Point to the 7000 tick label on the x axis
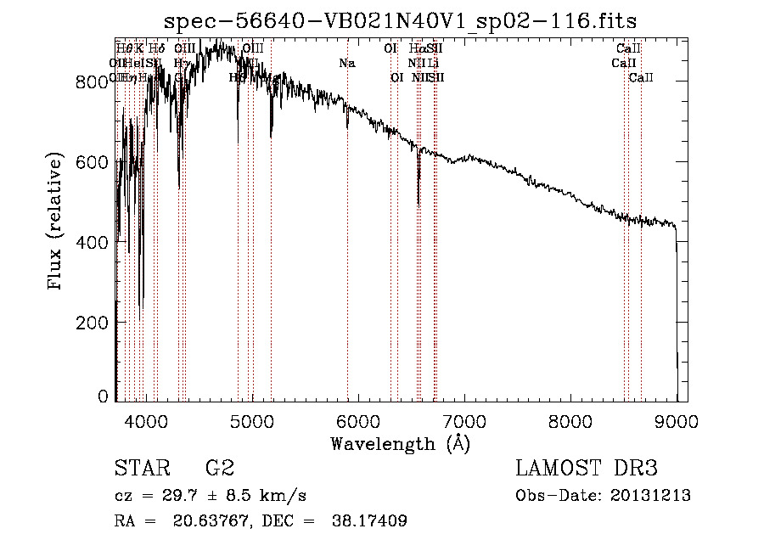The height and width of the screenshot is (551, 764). click(464, 421)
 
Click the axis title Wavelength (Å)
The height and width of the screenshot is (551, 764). click(400, 443)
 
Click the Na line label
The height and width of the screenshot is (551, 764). click(346, 63)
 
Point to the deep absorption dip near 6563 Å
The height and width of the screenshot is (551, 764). click(419, 191)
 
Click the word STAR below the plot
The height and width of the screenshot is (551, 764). click(142, 469)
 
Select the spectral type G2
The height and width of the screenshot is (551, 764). click(220, 469)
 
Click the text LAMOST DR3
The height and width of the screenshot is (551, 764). click(587, 469)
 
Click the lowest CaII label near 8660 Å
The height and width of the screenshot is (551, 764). click(641, 78)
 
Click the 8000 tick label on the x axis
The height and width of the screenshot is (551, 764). click(570, 421)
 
